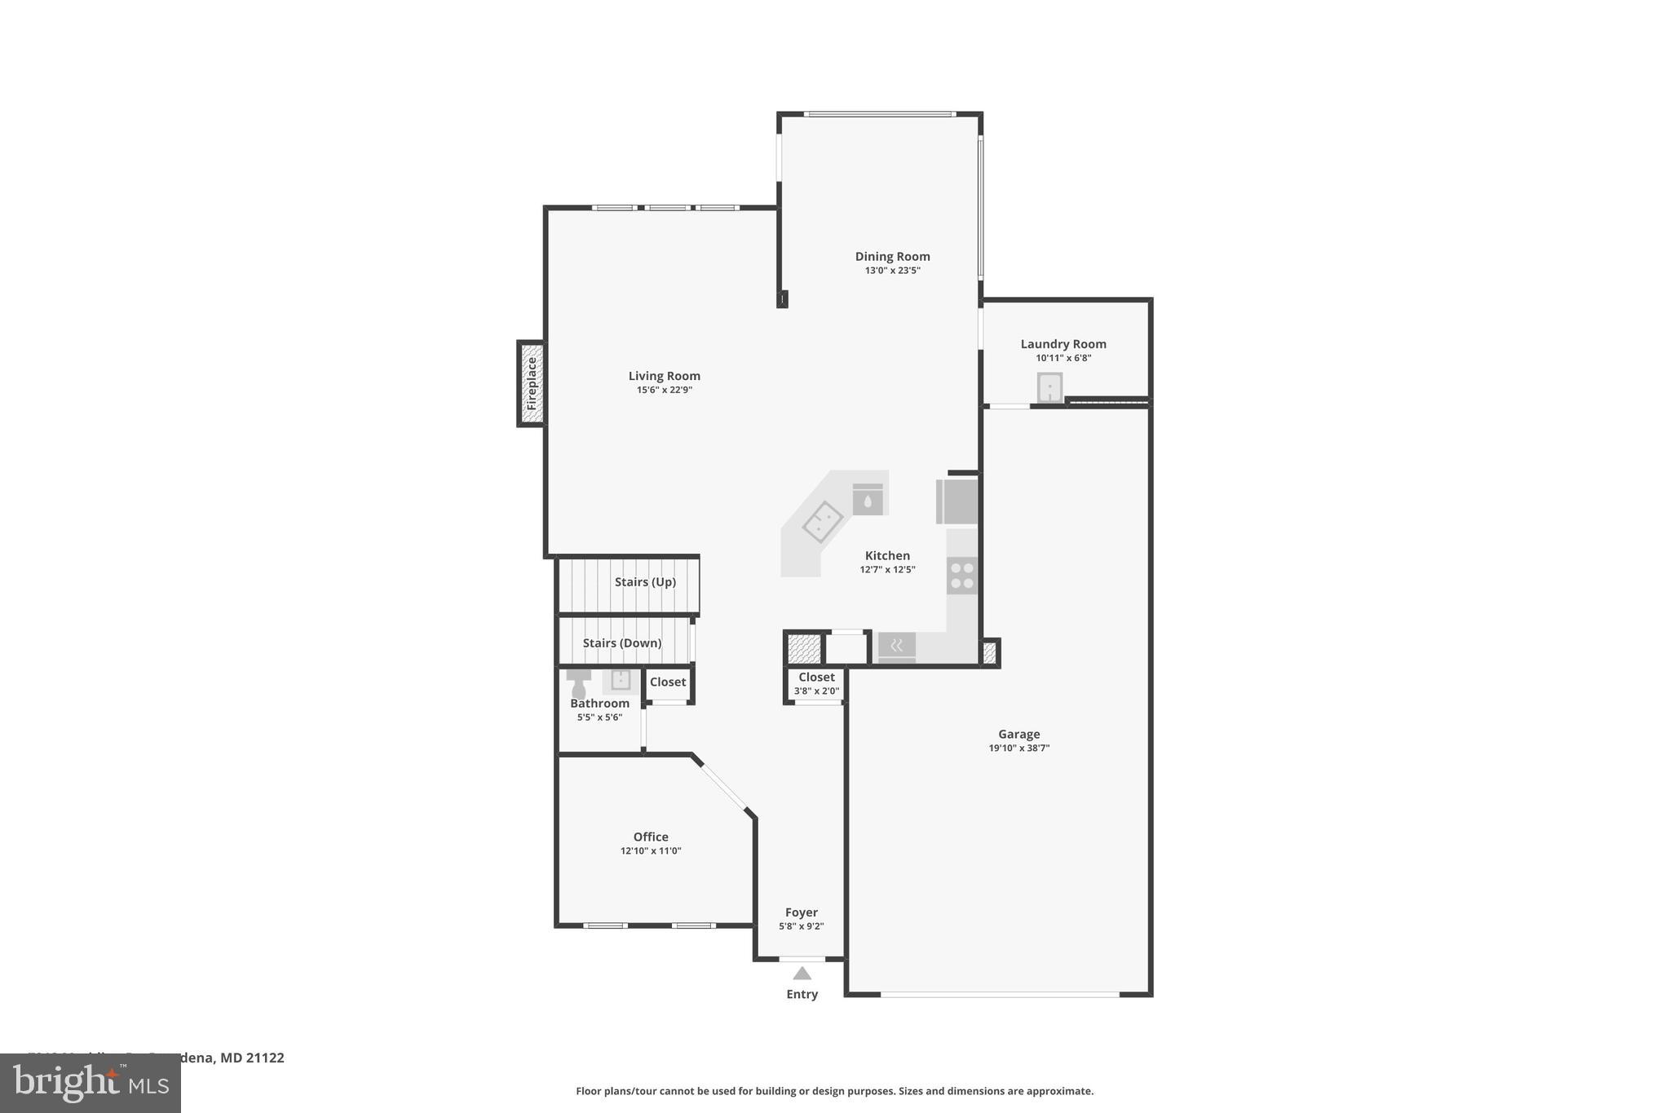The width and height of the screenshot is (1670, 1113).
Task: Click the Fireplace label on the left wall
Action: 532,383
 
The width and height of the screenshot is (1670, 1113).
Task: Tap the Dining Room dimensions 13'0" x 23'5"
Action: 892,271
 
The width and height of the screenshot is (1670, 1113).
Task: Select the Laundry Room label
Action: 1063,344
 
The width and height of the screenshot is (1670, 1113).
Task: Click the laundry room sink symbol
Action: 1049,387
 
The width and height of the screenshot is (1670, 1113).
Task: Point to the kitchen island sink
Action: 822,522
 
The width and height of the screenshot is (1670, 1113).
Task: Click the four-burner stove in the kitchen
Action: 962,576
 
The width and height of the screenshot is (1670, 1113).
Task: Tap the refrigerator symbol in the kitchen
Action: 958,501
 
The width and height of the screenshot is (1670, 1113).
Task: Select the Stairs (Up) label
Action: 645,582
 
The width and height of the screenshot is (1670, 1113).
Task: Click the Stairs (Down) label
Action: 621,643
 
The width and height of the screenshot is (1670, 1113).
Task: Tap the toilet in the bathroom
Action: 578,684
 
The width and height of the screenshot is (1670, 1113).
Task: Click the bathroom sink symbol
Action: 621,680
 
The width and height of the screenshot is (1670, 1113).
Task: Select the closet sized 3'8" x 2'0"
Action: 816,683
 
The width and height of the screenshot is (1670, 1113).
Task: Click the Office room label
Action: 651,837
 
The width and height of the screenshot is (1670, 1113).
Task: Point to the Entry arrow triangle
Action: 802,974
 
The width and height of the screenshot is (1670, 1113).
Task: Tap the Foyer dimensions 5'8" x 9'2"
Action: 801,926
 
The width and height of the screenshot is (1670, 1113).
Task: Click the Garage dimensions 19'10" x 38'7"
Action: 1018,748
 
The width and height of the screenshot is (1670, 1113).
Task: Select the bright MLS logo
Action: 91,1083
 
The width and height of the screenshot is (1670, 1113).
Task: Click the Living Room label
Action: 664,376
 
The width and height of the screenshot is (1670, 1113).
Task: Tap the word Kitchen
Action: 887,556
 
